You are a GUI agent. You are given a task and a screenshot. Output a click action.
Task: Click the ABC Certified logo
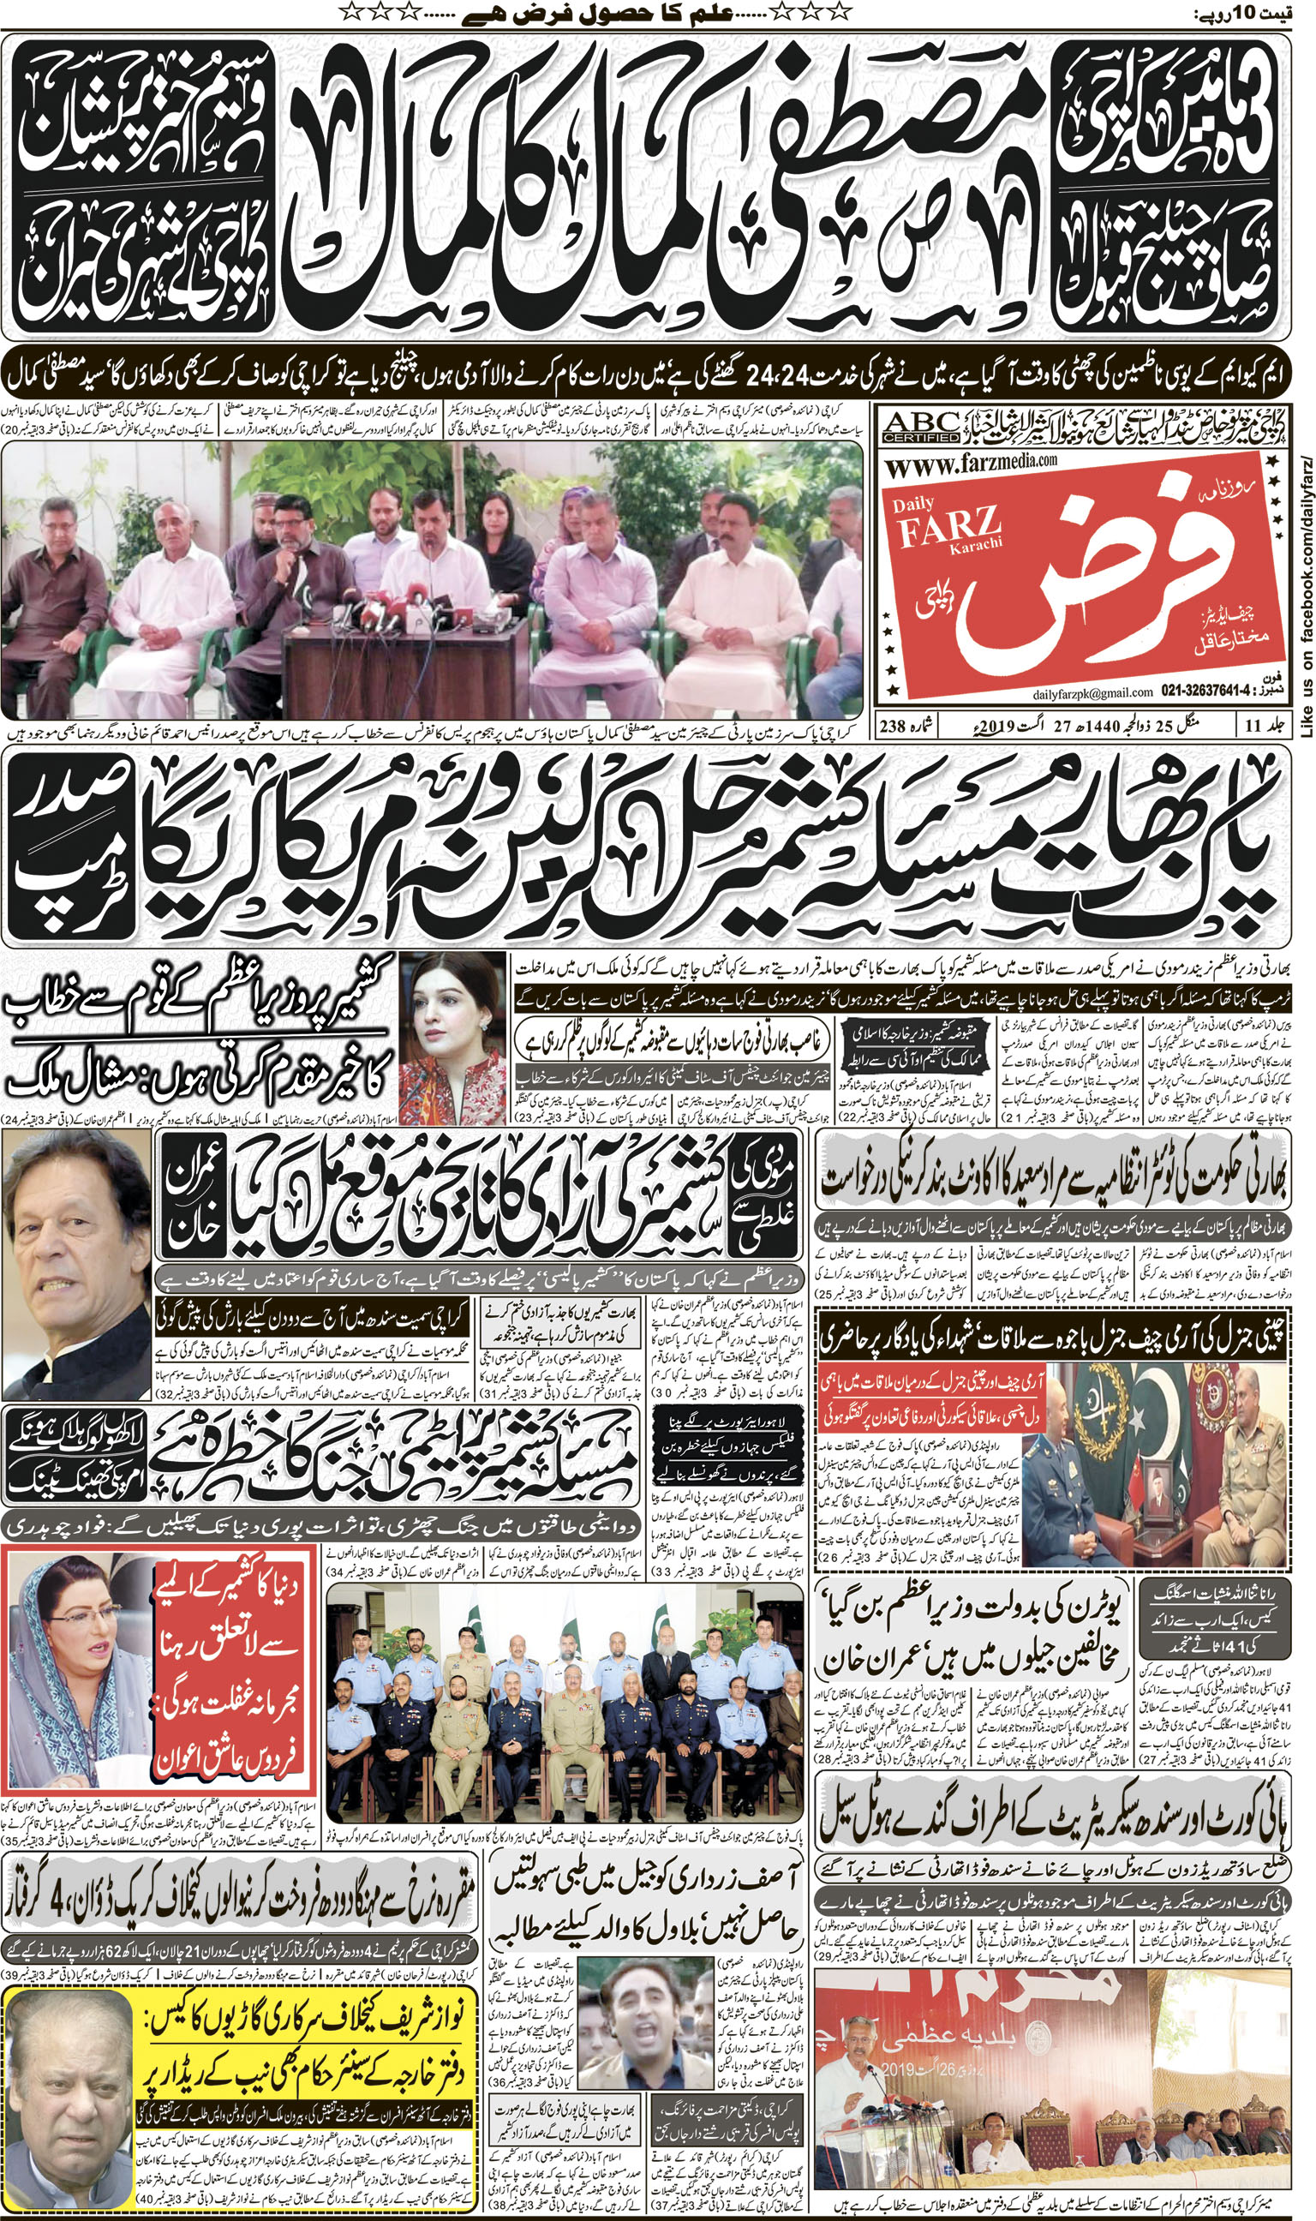coord(921,428)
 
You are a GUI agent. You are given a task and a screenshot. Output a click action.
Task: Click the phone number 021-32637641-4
coord(1210,691)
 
